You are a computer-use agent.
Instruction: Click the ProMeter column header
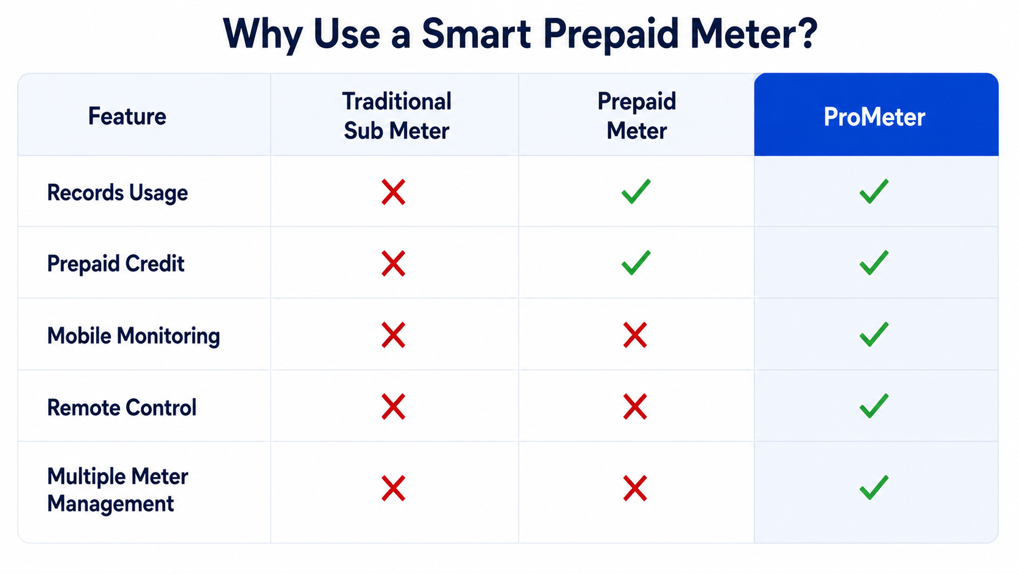point(875,117)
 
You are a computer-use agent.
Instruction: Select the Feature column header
point(127,116)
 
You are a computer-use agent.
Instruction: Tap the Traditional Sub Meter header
point(397,116)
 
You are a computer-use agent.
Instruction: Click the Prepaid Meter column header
point(636,116)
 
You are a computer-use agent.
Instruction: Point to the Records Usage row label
point(118,193)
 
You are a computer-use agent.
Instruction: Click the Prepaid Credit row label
point(116,264)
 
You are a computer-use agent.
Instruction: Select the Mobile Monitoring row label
point(133,336)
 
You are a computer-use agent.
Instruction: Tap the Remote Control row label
point(121,407)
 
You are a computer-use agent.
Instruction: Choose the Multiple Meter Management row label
point(118,490)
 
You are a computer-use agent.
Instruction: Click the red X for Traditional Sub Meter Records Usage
point(394,192)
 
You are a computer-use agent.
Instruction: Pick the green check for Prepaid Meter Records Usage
point(636,191)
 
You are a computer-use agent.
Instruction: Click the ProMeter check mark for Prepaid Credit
point(874,263)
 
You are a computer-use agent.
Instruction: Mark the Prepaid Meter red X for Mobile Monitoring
point(635,335)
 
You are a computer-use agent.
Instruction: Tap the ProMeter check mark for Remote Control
point(874,406)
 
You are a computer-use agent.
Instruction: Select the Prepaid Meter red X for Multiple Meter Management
point(635,489)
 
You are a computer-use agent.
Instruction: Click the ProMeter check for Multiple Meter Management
point(874,487)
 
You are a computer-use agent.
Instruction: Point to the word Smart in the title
point(477,34)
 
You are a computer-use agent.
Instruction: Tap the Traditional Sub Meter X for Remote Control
point(394,406)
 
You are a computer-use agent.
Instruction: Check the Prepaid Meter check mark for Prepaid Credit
point(636,263)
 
